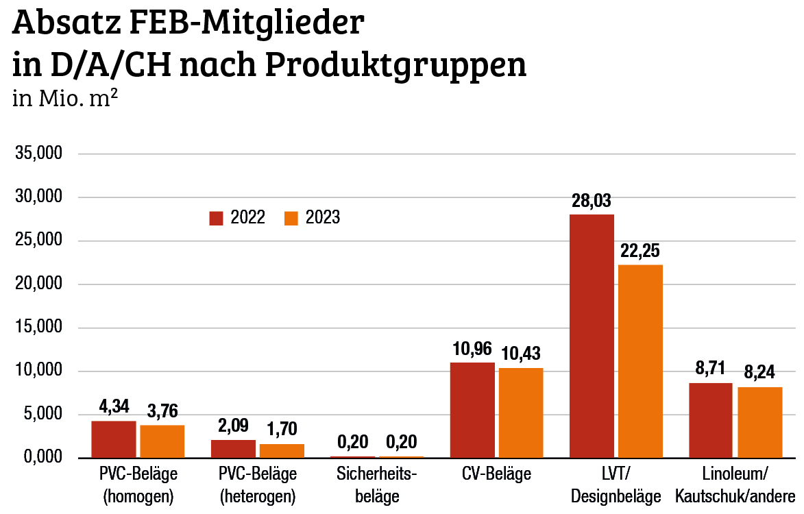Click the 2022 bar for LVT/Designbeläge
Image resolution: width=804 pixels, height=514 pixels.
[x=592, y=336]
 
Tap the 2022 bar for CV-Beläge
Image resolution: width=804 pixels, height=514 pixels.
[x=472, y=410]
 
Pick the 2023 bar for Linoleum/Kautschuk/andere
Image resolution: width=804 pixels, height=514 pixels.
[x=759, y=422]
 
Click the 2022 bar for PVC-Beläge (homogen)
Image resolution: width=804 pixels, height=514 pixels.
[x=114, y=439]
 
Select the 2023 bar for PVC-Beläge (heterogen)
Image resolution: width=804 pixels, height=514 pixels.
[x=282, y=450]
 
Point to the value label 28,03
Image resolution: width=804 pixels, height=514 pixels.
[x=591, y=201]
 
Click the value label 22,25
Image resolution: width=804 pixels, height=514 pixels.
[x=639, y=250]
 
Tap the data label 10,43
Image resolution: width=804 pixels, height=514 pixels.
[x=520, y=354]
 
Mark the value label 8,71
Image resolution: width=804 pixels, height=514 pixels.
[x=710, y=368]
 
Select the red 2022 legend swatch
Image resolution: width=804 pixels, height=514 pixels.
[x=217, y=218]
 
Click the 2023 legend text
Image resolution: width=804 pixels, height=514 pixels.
[x=323, y=218]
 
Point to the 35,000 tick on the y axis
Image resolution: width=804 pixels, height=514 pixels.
[x=38, y=154]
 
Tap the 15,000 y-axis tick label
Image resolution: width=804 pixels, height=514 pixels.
[x=38, y=328]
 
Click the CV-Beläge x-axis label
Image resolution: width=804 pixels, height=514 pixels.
[x=496, y=474]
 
